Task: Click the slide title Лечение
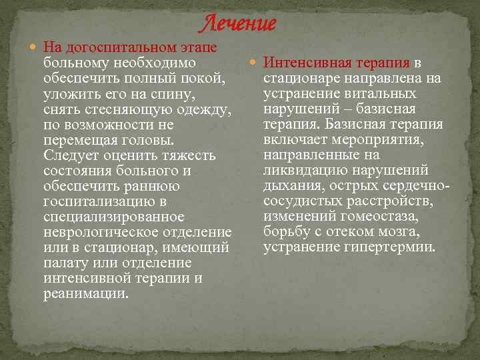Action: [x=239, y=24]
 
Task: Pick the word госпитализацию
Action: [x=95, y=201]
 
